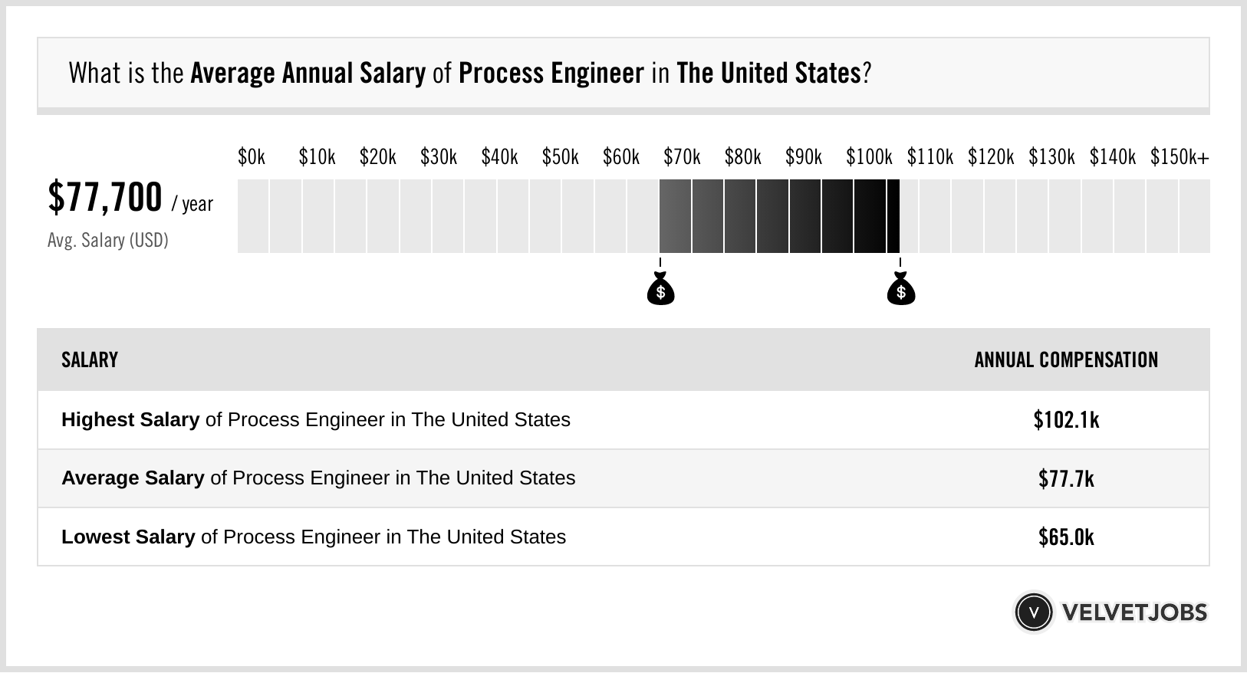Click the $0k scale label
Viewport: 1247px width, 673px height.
pos(252,158)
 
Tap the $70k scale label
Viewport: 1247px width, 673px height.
pos(682,158)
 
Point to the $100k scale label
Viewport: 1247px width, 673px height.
pos(869,158)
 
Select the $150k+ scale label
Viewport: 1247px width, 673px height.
pos(1180,158)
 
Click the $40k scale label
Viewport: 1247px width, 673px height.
pos(499,158)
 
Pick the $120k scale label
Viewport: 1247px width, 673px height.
pos(991,158)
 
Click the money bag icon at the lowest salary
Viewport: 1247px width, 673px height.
pos(660,290)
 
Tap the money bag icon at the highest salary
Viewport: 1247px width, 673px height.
pos(901,290)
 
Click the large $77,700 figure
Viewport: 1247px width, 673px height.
pos(105,198)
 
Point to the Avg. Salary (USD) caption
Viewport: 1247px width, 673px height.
pos(107,241)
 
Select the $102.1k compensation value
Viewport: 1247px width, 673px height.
pos(1066,420)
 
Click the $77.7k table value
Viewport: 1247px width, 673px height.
pos(1066,479)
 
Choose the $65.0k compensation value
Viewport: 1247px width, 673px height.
pos(1066,537)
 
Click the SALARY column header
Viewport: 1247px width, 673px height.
pos(90,360)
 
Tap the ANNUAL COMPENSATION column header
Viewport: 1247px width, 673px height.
pos(1066,360)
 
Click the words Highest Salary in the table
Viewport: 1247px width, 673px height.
pos(130,420)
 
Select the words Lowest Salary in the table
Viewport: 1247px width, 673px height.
pos(128,537)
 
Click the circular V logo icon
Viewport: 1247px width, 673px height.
pos(1033,612)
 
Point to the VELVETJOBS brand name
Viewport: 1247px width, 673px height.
pos(1134,612)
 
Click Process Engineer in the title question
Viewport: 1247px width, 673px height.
pos(551,74)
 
